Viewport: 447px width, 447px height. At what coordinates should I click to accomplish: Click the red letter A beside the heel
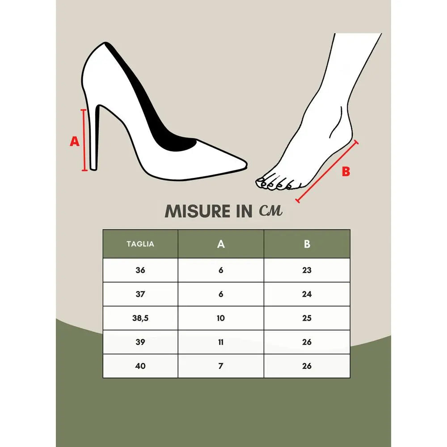(75, 141)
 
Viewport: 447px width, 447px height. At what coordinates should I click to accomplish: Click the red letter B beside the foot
(346, 172)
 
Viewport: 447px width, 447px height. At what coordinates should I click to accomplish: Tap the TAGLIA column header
(140, 244)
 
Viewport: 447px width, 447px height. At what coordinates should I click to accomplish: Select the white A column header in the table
(221, 244)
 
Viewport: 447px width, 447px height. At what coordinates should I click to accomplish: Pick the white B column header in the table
(307, 244)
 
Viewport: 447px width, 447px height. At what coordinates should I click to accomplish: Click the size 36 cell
(140, 270)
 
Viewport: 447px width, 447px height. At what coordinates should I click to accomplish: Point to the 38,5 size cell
(140, 318)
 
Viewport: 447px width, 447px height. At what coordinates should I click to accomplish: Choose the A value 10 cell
(221, 318)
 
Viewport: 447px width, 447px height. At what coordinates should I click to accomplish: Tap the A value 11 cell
(221, 342)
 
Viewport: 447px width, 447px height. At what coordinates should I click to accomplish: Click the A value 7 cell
(221, 366)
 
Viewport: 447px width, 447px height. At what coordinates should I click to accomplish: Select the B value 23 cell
(307, 270)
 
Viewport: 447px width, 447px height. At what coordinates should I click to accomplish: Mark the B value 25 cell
(307, 318)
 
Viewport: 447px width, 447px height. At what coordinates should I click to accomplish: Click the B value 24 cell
(307, 294)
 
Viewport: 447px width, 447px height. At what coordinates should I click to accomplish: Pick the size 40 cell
(140, 366)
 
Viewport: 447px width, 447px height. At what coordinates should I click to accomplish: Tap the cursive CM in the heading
(270, 211)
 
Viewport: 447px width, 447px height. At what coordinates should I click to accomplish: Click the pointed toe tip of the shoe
(246, 164)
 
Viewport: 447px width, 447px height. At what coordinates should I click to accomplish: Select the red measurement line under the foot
(327, 172)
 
